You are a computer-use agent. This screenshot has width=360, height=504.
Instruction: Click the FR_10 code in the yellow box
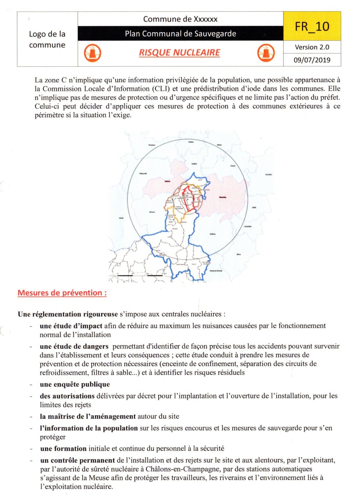(312, 27)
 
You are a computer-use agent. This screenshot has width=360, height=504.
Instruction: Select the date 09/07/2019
(312, 60)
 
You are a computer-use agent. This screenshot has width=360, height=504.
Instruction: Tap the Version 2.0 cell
(312, 47)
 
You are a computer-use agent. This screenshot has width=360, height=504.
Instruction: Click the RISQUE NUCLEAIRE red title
(180, 53)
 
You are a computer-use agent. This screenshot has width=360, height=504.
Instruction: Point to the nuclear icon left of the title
(92, 53)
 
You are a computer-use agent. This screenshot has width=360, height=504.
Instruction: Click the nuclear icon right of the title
(266, 53)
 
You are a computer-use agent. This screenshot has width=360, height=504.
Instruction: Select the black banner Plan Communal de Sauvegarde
(180, 34)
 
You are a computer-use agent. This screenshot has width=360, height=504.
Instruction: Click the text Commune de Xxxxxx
(180, 19)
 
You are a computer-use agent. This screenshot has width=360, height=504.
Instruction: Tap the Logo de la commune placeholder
(47, 39)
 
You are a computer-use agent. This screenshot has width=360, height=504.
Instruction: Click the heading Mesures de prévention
(62, 293)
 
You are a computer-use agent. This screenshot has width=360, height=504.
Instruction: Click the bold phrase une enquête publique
(75, 384)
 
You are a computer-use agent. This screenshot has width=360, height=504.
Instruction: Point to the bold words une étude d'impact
(71, 326)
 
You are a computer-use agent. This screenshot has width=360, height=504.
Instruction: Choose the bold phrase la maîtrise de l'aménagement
(88, 416)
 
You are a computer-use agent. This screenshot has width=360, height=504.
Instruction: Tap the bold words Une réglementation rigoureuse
(67, 314)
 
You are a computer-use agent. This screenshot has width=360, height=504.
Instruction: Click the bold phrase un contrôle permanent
(78, 460)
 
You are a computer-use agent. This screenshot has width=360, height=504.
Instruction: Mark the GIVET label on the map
(200, 180)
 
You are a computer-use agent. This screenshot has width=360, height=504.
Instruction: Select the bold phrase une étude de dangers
(74, 346)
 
